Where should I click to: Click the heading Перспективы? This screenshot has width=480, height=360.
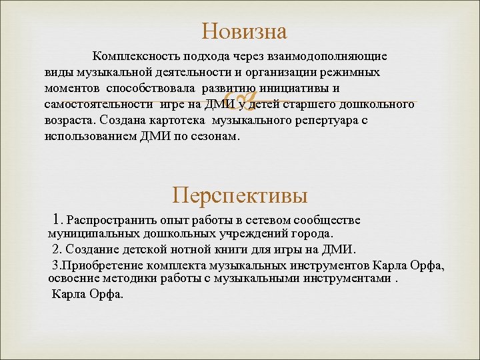(240, 195)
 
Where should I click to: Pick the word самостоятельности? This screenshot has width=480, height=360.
(99, 105)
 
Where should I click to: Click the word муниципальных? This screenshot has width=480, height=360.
(93, 234)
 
